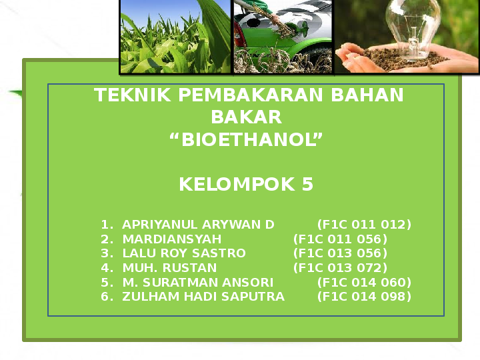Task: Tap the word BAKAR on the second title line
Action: (x=246, y=118)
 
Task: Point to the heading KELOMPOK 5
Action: (x=246, y=185)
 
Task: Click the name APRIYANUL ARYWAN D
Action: (x=198, y=224)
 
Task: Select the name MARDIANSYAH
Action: (x=171, y=239)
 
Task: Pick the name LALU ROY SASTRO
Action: (x=184, y=253)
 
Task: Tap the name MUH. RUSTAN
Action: (x=169, y=268)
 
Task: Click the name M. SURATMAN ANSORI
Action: (x=198, y=282)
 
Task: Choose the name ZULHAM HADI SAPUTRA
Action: (x=203, y=297)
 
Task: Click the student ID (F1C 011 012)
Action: (x=364, y=224)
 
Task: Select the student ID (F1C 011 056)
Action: (x=340, y=239)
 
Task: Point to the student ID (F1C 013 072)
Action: (x=340, y=268)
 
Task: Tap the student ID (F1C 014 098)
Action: (x=364, y=297)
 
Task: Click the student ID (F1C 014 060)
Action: (x=364, y=282)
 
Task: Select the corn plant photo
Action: (x=175, y=37)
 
